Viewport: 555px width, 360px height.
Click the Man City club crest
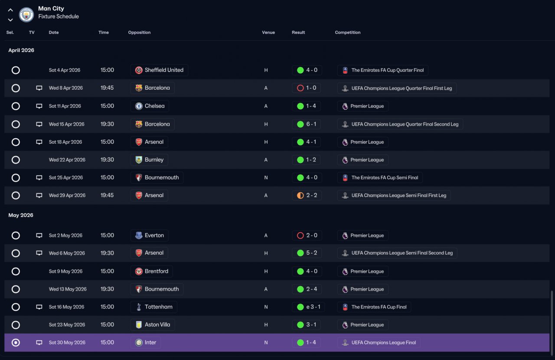pos(26,15)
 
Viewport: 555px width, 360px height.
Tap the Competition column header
pos(348,32)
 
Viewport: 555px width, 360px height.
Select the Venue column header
pos(268,32)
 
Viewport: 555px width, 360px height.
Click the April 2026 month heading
pos(21,50)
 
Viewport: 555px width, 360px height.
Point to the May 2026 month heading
pos(21,215)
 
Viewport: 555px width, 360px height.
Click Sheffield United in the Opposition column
pos(164,70)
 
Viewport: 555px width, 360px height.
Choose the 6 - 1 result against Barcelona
pos(311,124)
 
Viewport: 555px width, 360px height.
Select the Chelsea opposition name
pos(155,106)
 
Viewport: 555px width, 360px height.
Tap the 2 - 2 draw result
pos(312,195)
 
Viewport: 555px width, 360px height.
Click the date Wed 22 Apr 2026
pos(67,160)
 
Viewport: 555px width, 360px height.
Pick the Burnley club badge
pos(139,160)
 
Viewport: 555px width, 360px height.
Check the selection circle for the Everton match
pos(16,236)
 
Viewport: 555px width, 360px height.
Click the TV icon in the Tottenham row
pos(39,307)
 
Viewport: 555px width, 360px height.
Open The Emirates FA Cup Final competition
pos(379,307)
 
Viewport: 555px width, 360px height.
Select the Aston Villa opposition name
pos(157,324)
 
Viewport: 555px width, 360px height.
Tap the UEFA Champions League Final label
pos(384,343)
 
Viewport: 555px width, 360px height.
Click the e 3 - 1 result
pos(313,307)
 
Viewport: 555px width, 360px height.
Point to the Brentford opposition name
pos(157,271)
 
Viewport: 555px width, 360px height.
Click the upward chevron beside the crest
pos(10,10)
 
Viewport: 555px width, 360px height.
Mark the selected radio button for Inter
pos(16,343)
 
